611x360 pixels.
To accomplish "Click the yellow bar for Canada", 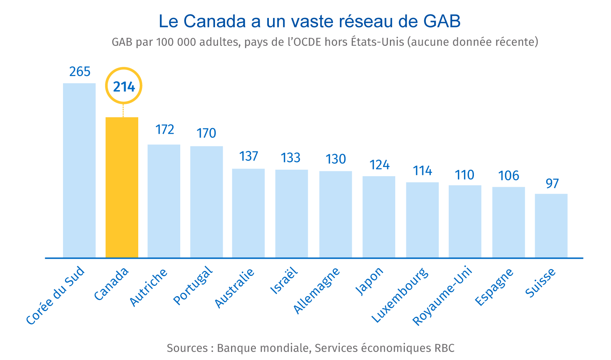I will pyautogui.click(x=122, y=187).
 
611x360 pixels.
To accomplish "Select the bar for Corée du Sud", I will pyautogui.click(x=79, y=170).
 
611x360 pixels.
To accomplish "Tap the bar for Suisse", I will pyautogui.click(x=551, y=225).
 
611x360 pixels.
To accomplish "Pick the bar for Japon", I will pyautogui.click(x=379, y=217).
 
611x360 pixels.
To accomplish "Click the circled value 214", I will pyautogui.click(x=124, y=86).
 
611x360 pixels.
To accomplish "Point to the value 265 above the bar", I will pyautogui.click(x=80, y=72).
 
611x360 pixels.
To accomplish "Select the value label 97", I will pyautogui.click(x=552, y=184).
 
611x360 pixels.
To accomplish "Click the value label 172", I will pyautogui.click(x=165, y=130).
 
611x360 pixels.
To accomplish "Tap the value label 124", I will pyautogui.click(x=379, y=165).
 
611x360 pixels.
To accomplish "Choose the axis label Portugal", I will pyautogui.click(x=193, y=286).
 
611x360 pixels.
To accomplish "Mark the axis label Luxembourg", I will pyautogui.click(x=400, y=295).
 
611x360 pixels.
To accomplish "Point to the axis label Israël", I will pyautogui.click(x=284, y=281).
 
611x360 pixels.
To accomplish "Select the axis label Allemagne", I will pyautogui.click(x=317, y=290).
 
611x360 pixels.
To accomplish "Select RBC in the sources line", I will pyautogui.click(x=444, y=348).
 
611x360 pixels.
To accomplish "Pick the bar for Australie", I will pyautogui.click(x=248, y=213).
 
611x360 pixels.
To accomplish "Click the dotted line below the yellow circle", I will pyautogui.click(x=123, y=110).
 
